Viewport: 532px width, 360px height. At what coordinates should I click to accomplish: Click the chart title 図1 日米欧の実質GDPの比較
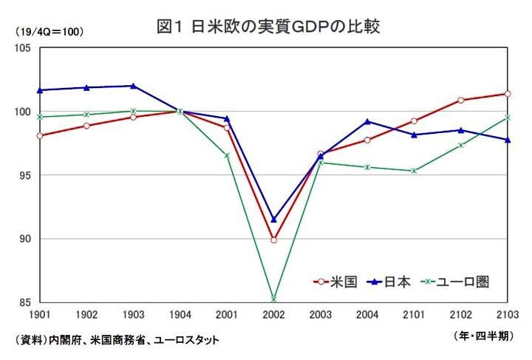point(268,27)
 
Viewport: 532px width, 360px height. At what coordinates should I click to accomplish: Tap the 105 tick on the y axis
point(21,48)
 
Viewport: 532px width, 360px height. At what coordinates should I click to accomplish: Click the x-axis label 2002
point(273,315)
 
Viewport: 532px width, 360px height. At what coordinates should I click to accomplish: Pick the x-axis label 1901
point(40,315)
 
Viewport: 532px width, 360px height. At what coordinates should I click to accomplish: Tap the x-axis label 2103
point(507,315)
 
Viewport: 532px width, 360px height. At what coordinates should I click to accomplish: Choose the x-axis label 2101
point(414,315)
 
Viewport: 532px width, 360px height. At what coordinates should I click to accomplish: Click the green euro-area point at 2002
point(273,299)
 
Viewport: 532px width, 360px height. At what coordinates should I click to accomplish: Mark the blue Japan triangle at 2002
point(273,220)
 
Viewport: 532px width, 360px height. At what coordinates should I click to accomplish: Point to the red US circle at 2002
point(273,240)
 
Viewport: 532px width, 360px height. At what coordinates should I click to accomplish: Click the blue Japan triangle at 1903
point(133,86)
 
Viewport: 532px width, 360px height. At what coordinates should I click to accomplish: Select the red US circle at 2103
point(507,94)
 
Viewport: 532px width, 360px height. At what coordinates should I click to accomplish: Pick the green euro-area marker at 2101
point(414,171)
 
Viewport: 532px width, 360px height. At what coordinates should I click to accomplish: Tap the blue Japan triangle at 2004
point(367,121)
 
